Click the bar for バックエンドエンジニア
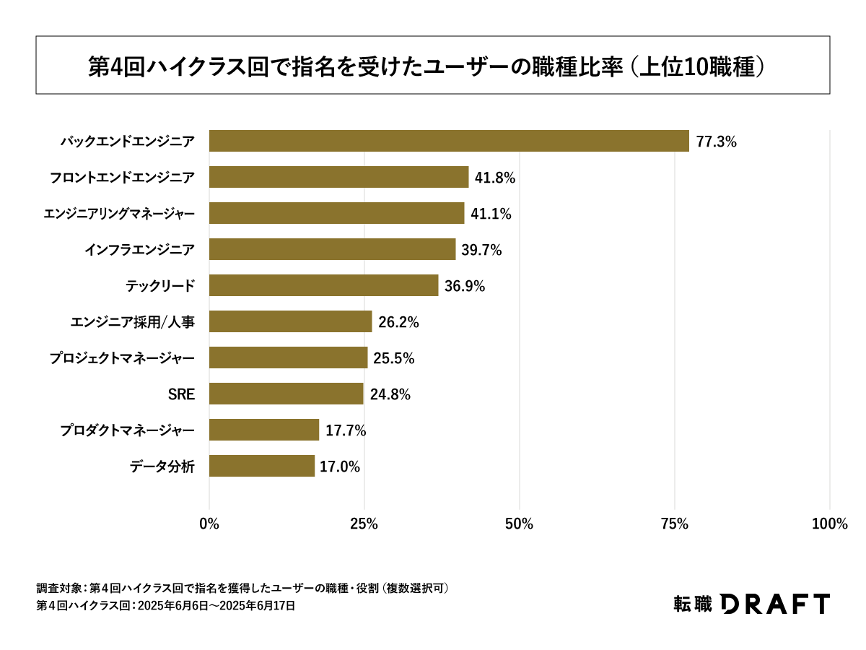pos(449,141)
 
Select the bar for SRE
pos(286,394)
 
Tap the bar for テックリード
pos(323,285)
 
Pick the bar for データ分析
pos(262,466)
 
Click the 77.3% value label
pos(716,142)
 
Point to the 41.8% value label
pos(494,178)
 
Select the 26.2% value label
pos(398,322)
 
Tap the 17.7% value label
pos(346,430)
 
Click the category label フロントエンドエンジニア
pos(122,178)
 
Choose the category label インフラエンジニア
pos(139,250)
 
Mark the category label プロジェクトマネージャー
pos(122,358)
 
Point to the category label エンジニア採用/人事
pos(132,322)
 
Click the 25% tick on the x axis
pos(364,524)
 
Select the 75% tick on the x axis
pos(675,524)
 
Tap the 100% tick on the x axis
pos(829,524)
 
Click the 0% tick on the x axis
pos(209,524)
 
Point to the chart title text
pos(426,66)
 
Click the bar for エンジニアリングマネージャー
pos(336,213)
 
